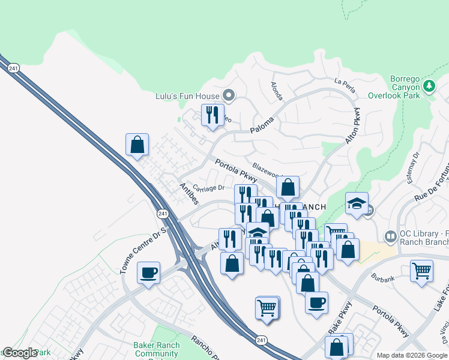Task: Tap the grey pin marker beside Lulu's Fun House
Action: coord(229,95)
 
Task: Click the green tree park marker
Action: coord(429,86)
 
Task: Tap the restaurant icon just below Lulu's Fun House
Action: coord(212,115)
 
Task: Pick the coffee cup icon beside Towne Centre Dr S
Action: coord(148,273)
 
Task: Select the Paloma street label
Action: coord(262,124)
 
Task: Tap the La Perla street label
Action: coord(346,86)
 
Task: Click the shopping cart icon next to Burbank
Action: coord(422,271)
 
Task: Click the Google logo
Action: coord(19,353)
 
